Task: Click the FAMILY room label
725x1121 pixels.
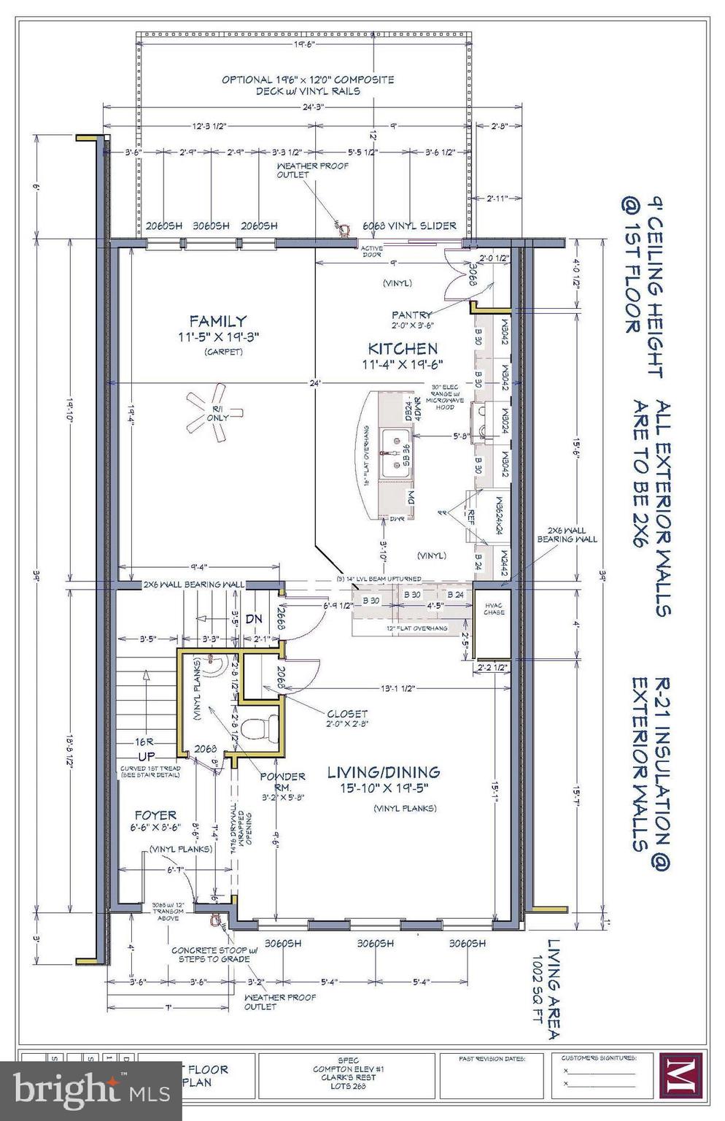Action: pos(217,321)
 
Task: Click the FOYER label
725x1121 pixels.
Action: pos(155,814)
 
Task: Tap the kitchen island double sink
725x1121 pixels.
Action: pos(395,452)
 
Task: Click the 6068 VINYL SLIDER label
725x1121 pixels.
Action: pos(413,226)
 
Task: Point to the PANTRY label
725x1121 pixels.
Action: pos(411,315)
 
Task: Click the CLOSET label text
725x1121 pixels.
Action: pos(347,713)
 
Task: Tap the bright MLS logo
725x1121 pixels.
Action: pos(70,1090)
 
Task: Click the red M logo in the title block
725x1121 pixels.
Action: pos(680,1074)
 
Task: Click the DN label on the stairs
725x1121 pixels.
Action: pos(253,619)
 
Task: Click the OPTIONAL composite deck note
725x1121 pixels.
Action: pos(308,85)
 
